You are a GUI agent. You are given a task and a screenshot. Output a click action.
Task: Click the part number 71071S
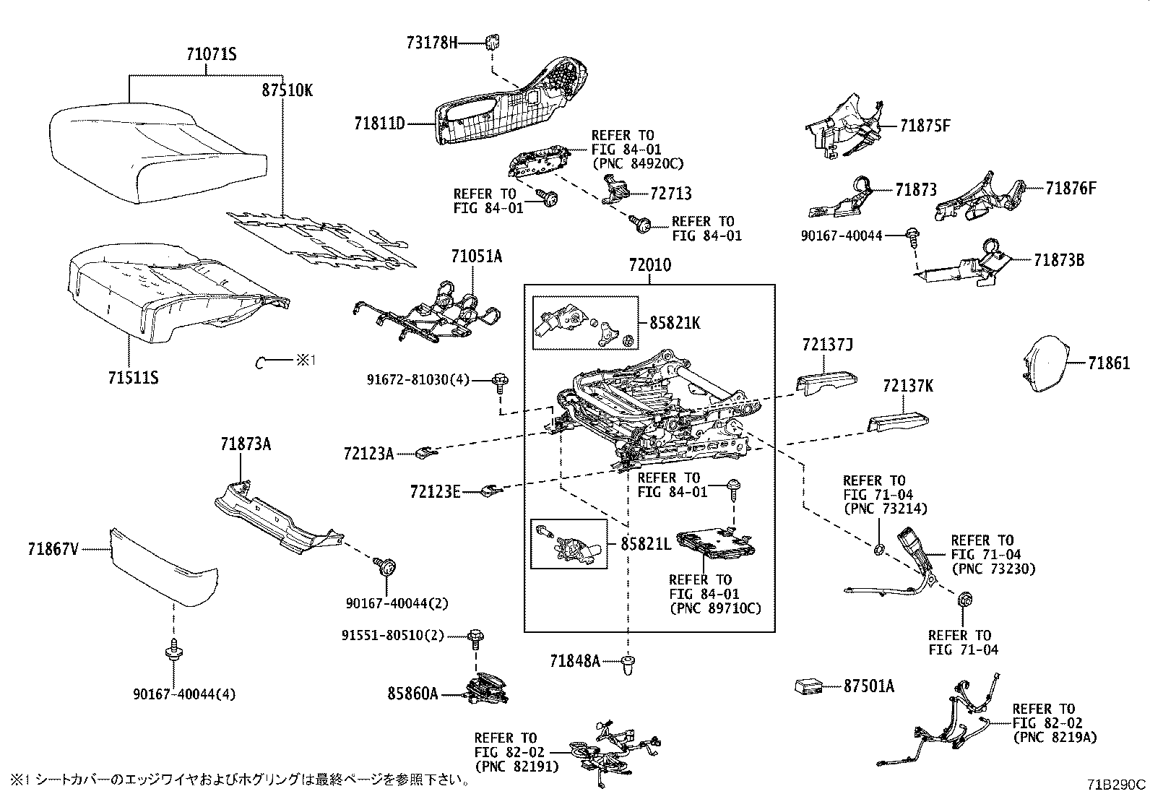pyautogui.click(x=212, y=55)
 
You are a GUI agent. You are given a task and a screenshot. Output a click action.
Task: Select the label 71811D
pyautogui.click(x=379, y=124)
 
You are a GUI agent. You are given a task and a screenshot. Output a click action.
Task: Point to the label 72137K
pyautogui.click(x=907, y=387)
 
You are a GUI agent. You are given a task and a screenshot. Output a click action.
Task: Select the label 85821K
pyautogui.click(x=675, y=324)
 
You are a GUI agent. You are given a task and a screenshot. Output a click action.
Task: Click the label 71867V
pyautogui.click(x=53, y=550)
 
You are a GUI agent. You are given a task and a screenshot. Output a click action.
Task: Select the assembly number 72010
pyautogui.click(x=649, y=265)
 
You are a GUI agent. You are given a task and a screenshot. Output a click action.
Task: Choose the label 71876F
pyautogui.click(x=1071, y=189)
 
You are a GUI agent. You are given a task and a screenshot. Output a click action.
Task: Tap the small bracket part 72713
pyautogui.click(x=614, y=191)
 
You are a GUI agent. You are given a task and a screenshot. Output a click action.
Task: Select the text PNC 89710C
pyautogui.click(x=715, y=609)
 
